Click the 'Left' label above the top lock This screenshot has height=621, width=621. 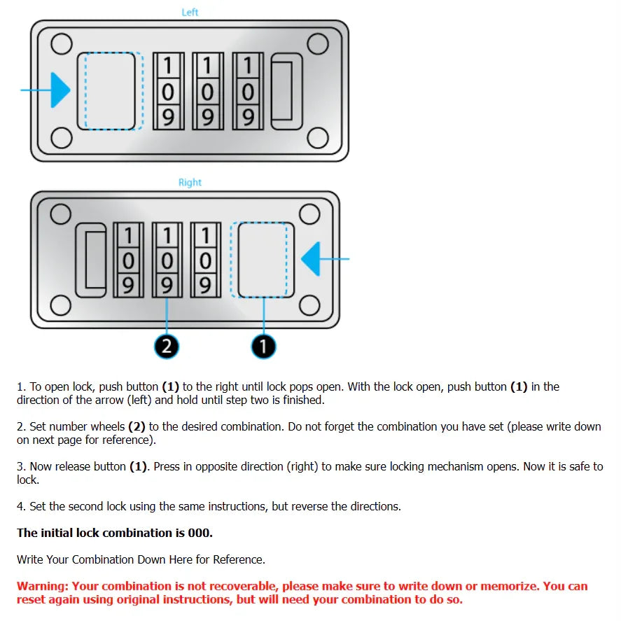pos(190,12)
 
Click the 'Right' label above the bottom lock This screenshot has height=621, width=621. pos(190,182)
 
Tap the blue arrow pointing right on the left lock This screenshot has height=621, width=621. pos(59,91)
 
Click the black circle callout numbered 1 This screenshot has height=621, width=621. pos(263,346)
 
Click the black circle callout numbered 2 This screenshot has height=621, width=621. pos(167,346)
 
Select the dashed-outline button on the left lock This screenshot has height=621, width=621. pos(111,91)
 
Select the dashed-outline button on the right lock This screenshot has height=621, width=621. pos(263,260)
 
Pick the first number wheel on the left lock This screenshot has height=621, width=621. pos(168,91)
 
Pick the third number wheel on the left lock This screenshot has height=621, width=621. pos(248,91)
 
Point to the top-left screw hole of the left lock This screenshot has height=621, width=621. pos(62,43)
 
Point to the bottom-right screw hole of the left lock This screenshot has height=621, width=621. pos(319,138)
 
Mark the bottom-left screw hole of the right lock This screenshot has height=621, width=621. pos(61,305)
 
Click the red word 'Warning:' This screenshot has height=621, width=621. pos(42,586)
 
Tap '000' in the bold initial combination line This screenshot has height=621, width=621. pos(200,533)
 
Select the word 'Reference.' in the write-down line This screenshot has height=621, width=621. pos(239,559)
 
